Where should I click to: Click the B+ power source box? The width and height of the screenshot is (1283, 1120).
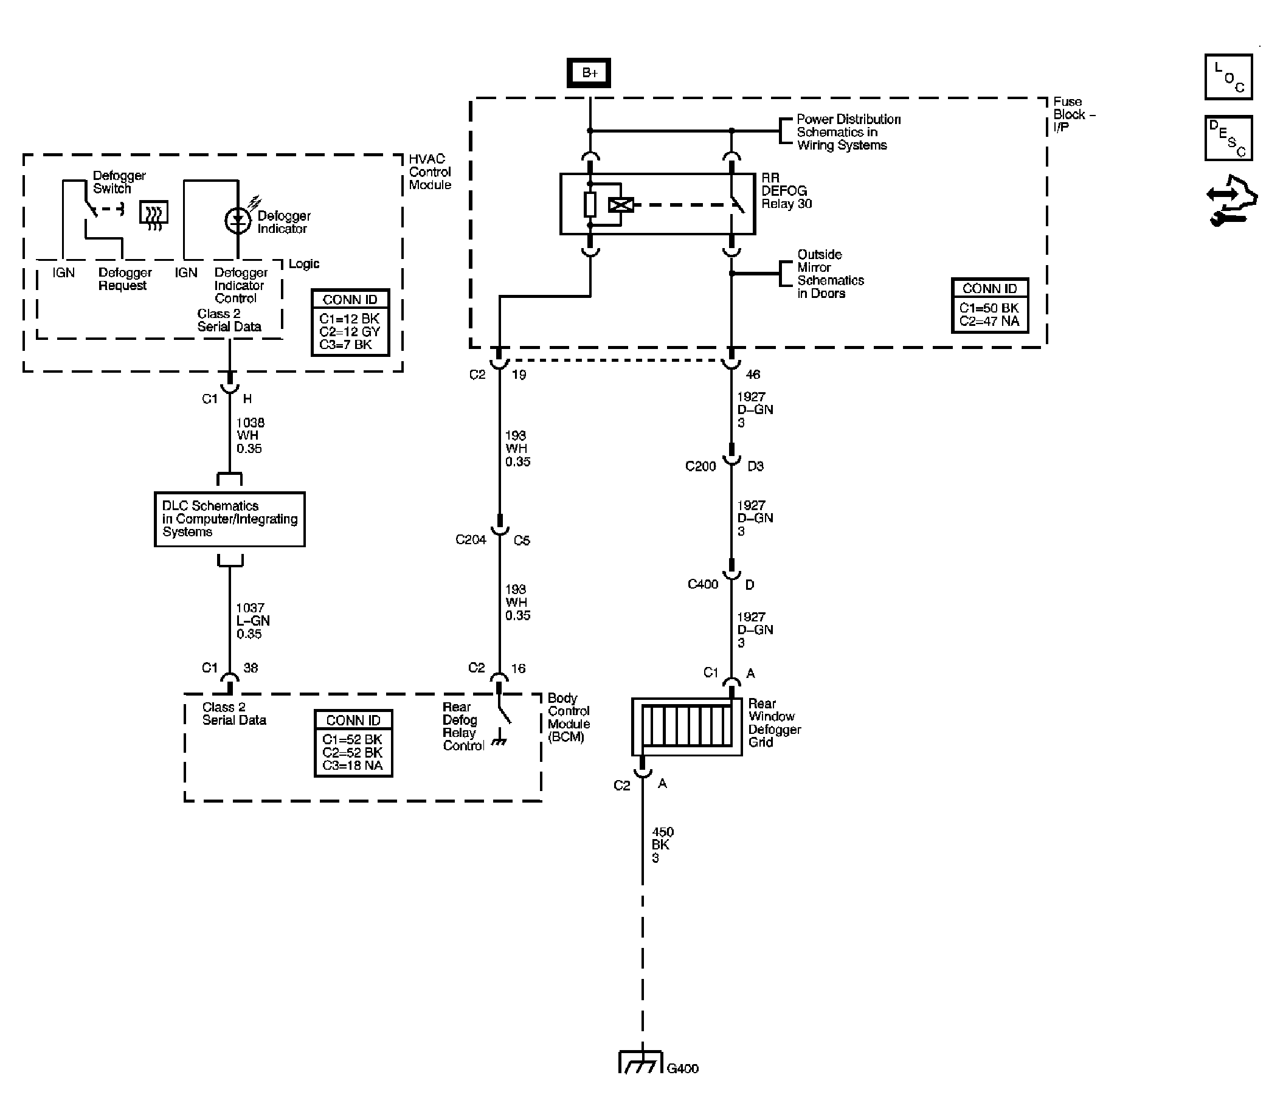[x=589, y=73]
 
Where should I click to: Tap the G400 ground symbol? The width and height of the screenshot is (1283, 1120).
[x=640, y=1063]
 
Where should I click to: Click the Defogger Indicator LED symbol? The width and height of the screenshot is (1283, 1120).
[x=238, y=220]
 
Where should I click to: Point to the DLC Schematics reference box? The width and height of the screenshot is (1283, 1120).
[x=229, y=519]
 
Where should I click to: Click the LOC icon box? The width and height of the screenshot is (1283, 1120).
[x=1228, y=77]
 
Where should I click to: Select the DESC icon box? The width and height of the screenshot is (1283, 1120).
[x=1228, y=138]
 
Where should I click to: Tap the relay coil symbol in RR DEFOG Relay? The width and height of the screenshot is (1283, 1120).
[x=621, y=204]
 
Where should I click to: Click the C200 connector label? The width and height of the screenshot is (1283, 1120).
[x=700, y=466]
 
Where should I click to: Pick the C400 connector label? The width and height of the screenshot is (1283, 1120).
[x=702, y=584]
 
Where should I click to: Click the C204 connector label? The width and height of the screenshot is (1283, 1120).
[x=471, y=540]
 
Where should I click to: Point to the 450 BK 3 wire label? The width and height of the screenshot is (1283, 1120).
[x=662, y=845]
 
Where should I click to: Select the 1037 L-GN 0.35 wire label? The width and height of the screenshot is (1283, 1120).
[x=252, y=621]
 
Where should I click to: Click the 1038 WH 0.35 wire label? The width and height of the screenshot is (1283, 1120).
[x=249, y=435]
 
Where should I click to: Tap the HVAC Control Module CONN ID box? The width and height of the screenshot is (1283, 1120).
[x=350, y=322]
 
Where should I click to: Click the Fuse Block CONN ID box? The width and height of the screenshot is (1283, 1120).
[x=989, y=306]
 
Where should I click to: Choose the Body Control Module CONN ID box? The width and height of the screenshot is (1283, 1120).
[x=353, y=744]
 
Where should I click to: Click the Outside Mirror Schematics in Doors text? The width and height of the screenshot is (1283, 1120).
[x=829, y=274]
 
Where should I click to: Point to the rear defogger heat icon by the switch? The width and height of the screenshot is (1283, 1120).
[x=153, y=215]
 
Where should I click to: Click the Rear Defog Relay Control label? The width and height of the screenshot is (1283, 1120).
[x=463, y=726]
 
